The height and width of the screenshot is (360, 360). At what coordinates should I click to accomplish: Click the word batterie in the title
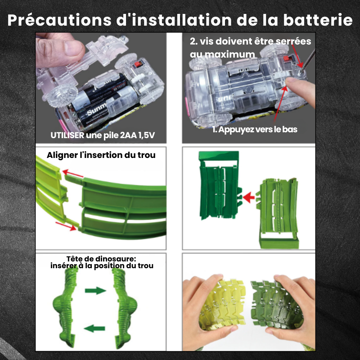pos(318,20)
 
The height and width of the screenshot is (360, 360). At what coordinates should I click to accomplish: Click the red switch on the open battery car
pos(137,64)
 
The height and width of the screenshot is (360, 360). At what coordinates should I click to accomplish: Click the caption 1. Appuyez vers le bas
pos(255,130)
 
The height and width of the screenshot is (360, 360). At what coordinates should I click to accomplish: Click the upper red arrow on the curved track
pos(73,174)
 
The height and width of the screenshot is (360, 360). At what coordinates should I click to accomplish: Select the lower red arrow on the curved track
pos(66,226)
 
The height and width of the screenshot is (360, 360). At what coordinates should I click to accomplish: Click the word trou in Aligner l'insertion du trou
pos(147,155)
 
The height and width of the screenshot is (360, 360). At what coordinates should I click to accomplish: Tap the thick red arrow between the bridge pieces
pos(249,198)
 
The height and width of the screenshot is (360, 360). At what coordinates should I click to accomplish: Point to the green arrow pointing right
pos(95,291)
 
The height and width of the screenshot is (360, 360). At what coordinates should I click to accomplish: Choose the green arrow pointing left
pos(94,328)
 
